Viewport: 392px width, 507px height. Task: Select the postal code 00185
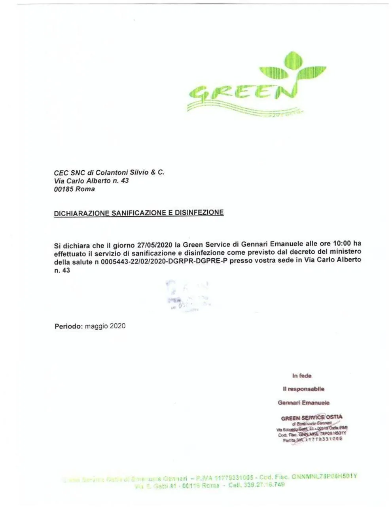63,189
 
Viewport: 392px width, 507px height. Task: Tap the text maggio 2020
105,326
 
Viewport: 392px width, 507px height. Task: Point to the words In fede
302,375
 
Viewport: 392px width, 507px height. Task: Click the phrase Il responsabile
303,389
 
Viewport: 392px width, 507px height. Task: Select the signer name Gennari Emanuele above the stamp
303,403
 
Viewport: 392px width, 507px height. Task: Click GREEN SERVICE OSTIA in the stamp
312,417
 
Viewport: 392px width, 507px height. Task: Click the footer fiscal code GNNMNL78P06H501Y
324,476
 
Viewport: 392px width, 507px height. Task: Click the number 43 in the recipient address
124,181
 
